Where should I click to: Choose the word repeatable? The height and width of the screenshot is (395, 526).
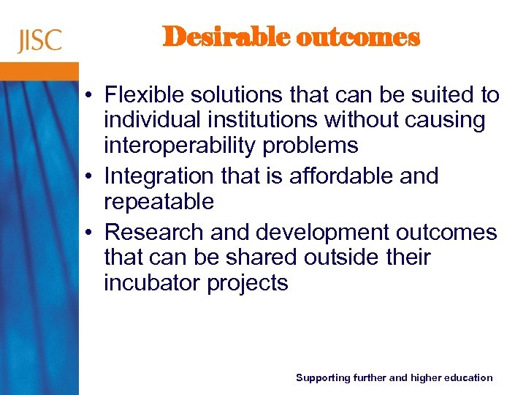pos(159,202)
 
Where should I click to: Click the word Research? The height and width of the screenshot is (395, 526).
pos(154,233)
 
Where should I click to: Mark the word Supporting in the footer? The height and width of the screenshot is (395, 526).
pos(322,377)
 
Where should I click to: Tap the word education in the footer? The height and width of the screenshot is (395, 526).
pos(465,377)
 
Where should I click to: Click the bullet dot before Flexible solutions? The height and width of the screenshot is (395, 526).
pos(87,96)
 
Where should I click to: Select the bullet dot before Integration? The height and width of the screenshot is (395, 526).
pos(87,177)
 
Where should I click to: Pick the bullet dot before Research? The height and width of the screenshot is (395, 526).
pos(87,233)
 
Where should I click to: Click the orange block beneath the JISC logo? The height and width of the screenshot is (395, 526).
pos(39,71)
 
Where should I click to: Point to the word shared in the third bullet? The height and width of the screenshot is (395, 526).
pos(257,257)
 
